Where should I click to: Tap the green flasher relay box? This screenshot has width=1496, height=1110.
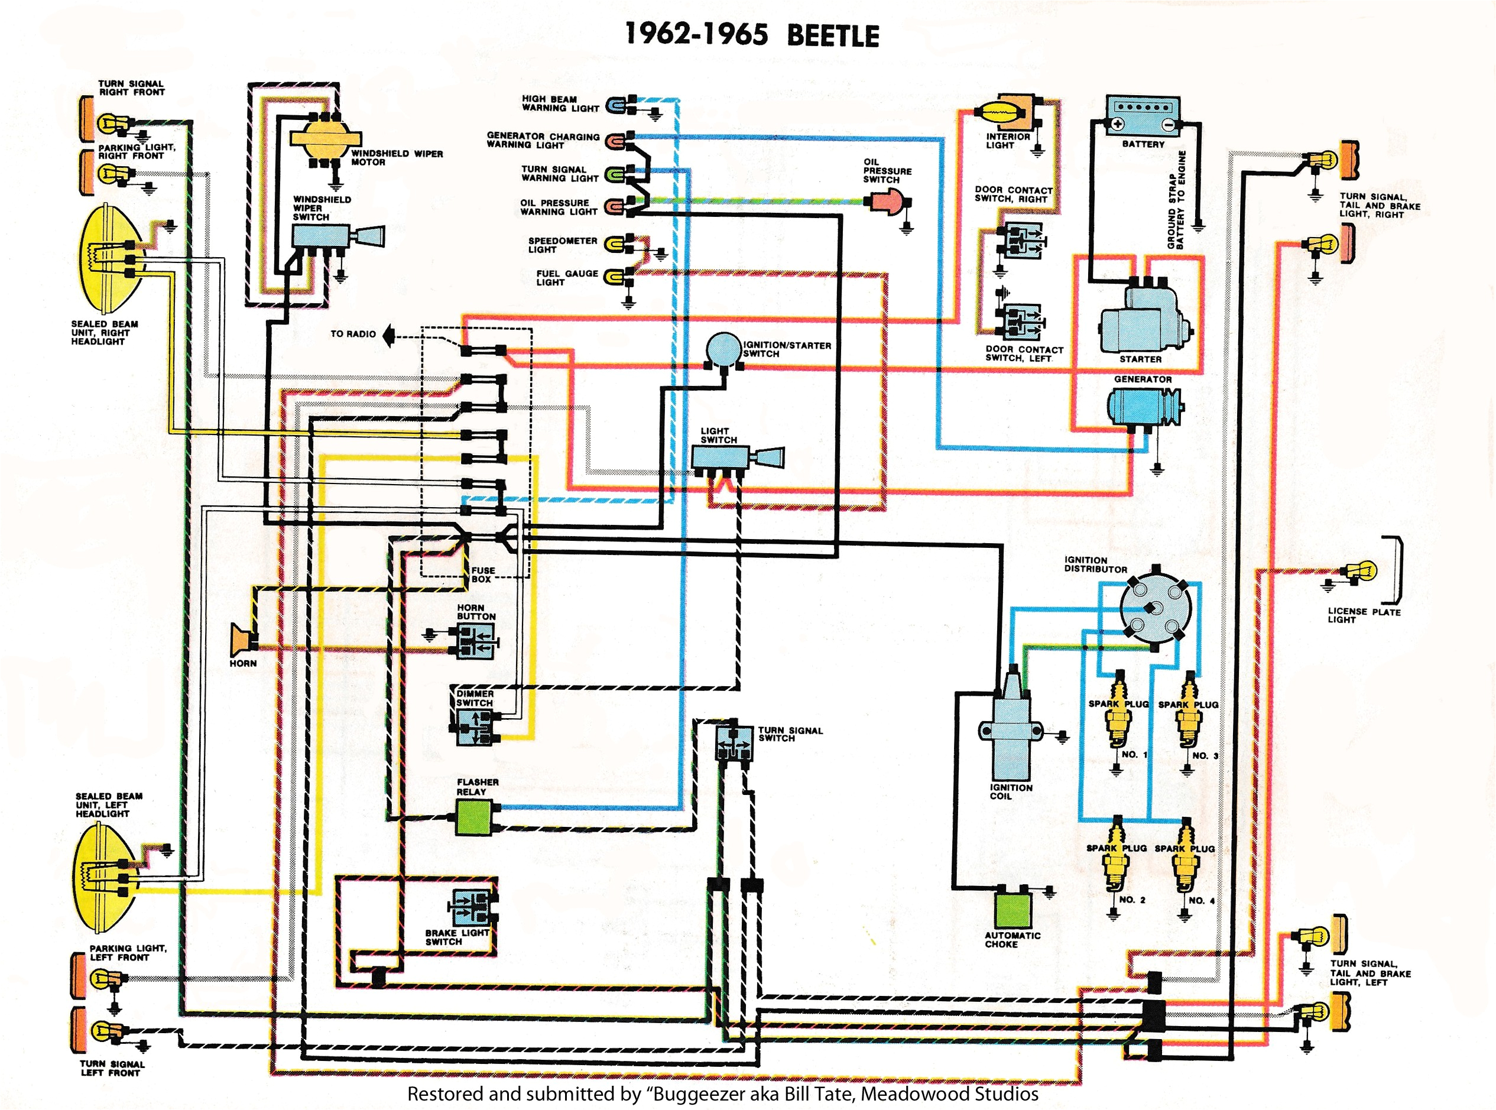point(473,819)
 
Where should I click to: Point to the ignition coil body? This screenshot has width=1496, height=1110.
point(1010,729)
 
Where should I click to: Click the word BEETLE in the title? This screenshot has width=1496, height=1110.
point(832,35)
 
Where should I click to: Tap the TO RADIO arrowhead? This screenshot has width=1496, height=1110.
point(389,335)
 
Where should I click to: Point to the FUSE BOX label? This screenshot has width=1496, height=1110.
point(482,575)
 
